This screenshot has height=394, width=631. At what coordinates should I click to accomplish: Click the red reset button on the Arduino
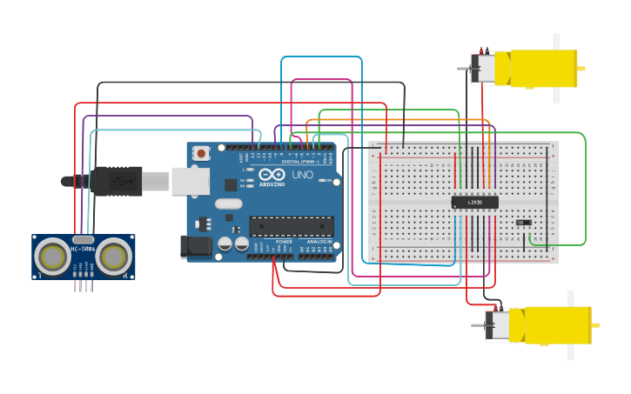tap(202, 153)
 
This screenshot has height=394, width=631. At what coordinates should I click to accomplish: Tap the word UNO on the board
tap(302, 175)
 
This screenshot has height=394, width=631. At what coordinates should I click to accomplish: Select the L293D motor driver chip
tap(474, 202)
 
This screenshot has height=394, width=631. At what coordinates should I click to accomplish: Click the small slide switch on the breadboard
tap(523, 223)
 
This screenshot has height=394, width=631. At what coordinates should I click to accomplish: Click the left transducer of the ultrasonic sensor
tap(54, 256)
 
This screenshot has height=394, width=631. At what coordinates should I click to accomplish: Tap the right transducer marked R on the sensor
tap(114, 256)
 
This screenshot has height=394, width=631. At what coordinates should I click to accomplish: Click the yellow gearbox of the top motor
tap(543, 69)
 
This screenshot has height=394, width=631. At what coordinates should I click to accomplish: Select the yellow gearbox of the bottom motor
tap(557, 324)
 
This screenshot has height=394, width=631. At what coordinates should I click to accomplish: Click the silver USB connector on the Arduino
tap(191, 181)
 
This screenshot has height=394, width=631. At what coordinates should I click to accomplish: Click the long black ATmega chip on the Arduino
tap(292, 226)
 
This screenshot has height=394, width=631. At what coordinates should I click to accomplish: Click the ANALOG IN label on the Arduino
tap(319, 241)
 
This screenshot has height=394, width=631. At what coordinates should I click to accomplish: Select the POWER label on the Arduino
tap(284, 241)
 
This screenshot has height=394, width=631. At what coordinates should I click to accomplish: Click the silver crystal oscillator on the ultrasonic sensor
tap(84, 239)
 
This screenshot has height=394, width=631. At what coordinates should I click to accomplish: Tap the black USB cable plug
tap(117, 181)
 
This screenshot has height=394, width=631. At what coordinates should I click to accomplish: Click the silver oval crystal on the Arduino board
tap(228, 204)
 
